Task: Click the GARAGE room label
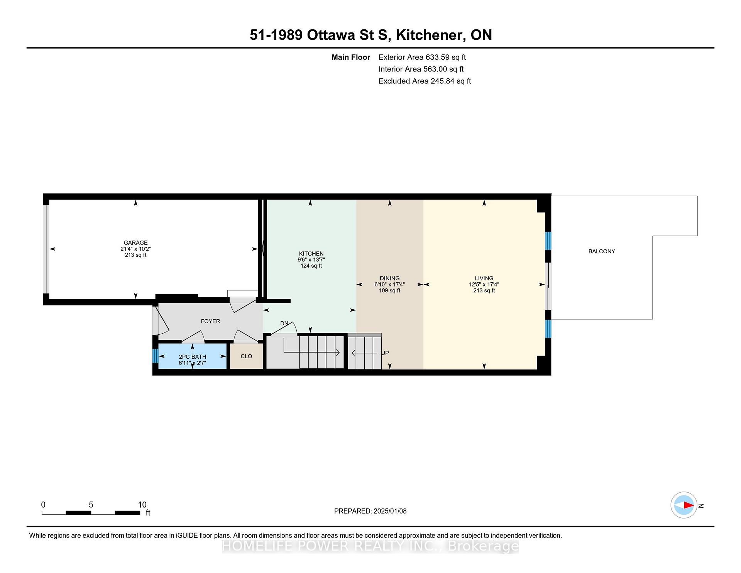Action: tap(135, 243)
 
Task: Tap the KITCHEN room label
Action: tap(311, 254)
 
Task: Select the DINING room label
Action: tap(389, 278)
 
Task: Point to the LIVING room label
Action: tap(484, 278)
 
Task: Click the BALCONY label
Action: tap(602, 251)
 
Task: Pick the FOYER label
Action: tap(210, 321)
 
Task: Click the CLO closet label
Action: tap(246, 356)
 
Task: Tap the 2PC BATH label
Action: tap(192, 357)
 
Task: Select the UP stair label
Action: tap(385, 353)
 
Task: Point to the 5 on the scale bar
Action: tap(91, 505)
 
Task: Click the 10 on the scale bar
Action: tap(142, 505)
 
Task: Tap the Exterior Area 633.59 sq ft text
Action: tap(422, 57)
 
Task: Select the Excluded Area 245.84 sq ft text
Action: tap(425, 81)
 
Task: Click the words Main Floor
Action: tap(351, 57)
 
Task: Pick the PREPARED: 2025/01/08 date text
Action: tap(370, 511)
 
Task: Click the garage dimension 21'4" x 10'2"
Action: tap(135, 249)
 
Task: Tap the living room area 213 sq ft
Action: tap(484, 291)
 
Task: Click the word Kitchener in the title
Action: tap(430, 35)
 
